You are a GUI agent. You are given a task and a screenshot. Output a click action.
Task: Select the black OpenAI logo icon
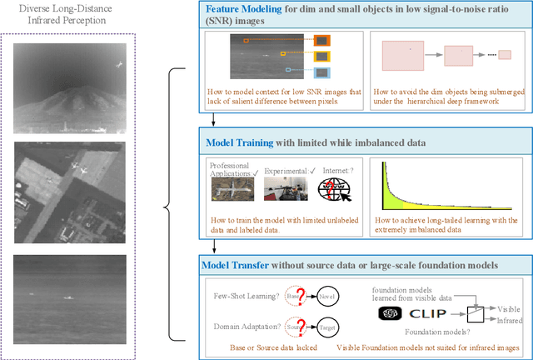pos(389,314)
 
